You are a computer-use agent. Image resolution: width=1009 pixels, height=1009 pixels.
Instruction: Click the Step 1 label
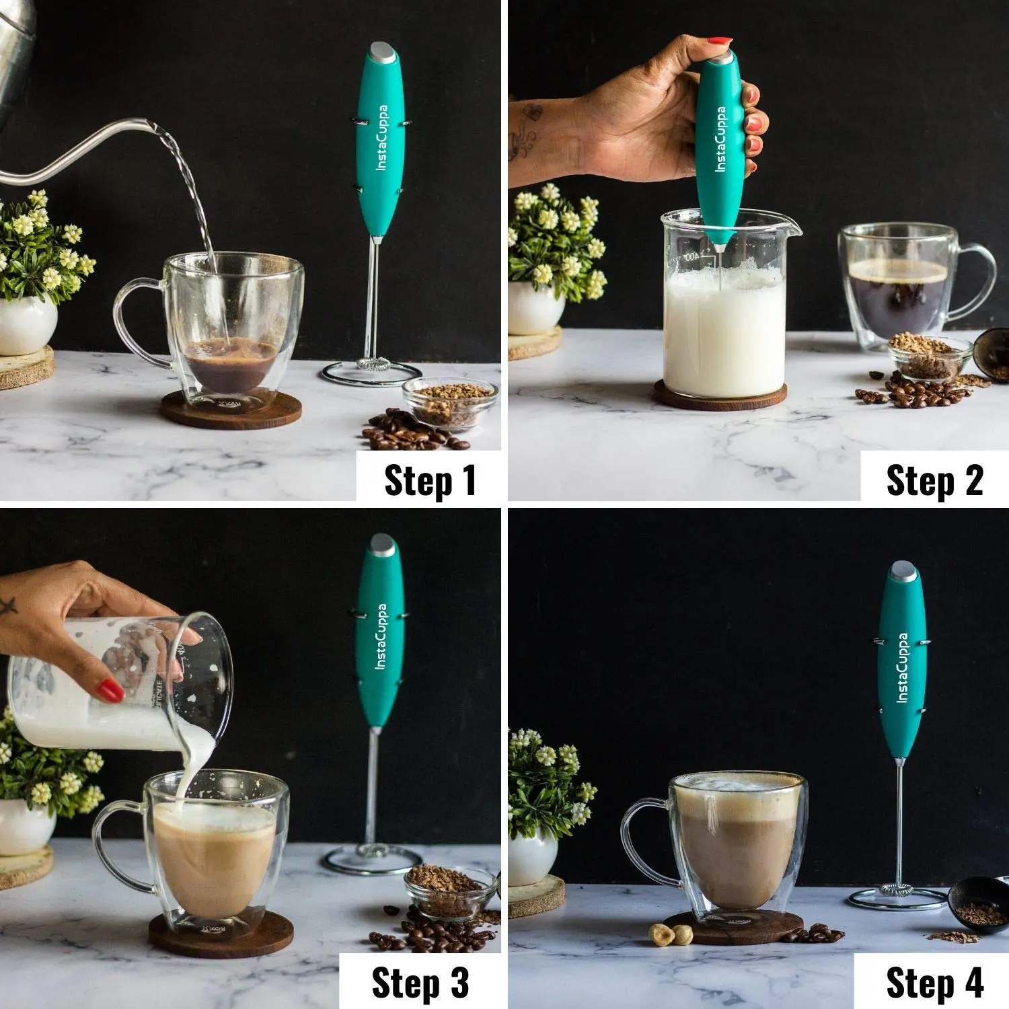click(431, 480)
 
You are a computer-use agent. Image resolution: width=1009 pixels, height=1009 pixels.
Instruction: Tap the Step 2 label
click(934, 480)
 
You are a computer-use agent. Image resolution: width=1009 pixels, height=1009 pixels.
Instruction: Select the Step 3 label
click(420, 983)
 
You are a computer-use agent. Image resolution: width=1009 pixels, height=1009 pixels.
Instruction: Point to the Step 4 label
click(935, 983)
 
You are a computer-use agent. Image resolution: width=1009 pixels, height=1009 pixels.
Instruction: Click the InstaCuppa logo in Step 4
click(903, 668)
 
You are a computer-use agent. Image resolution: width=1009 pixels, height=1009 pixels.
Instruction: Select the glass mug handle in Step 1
click(139, 322)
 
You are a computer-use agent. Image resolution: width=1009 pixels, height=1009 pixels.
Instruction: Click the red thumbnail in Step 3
click(111, 690)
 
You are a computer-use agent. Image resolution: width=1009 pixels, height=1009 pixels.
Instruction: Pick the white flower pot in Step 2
click(536, 308)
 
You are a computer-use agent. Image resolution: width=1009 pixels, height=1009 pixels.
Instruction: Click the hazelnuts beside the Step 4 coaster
click(672, 933)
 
